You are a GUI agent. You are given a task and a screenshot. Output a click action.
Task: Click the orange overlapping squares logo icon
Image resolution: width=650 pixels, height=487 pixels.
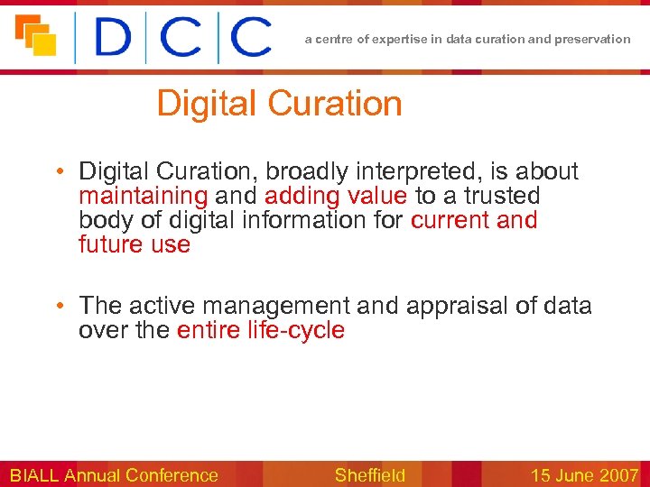[35, 35]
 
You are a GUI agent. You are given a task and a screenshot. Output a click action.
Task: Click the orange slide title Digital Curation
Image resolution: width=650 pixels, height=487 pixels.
[279, 104]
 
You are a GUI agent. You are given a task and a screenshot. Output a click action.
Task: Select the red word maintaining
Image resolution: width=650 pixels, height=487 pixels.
[143, 196]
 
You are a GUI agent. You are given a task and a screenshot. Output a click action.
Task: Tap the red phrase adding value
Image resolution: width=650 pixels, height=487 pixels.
[336, 196]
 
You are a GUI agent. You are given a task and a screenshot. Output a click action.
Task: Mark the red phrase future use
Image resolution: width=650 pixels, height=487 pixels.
[135, 244]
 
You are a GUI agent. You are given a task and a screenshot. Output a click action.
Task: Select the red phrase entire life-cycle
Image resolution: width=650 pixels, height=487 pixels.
[261, 330]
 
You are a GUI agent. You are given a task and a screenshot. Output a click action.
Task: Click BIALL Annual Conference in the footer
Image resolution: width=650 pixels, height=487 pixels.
[114, 475]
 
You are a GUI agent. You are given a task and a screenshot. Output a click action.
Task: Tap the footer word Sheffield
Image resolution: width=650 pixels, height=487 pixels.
[370, 475]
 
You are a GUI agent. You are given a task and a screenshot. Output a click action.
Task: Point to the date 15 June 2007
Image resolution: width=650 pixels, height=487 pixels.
[584, 475]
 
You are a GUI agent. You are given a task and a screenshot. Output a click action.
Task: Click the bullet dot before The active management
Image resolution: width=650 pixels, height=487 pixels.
[59, 306]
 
